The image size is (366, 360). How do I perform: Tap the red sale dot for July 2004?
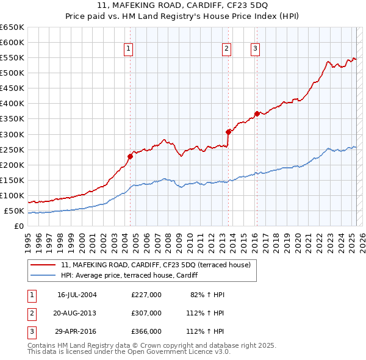[x=130, y=156]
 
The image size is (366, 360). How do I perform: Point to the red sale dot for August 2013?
[x=228, y=132]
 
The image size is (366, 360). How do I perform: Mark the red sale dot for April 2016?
[x=257, y=113]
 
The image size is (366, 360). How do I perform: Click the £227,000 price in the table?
[x=146, y=295]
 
